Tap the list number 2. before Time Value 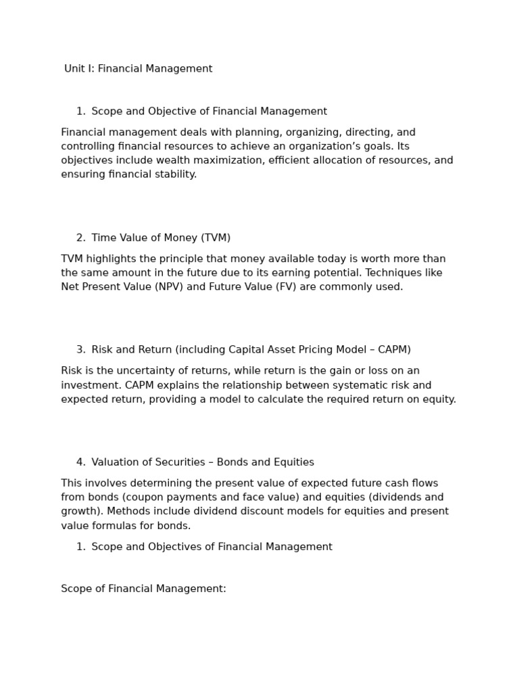tap(80, 238)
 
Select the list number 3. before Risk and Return tap(80, 350)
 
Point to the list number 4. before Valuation tap(80, 462)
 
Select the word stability tap(175, 175)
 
